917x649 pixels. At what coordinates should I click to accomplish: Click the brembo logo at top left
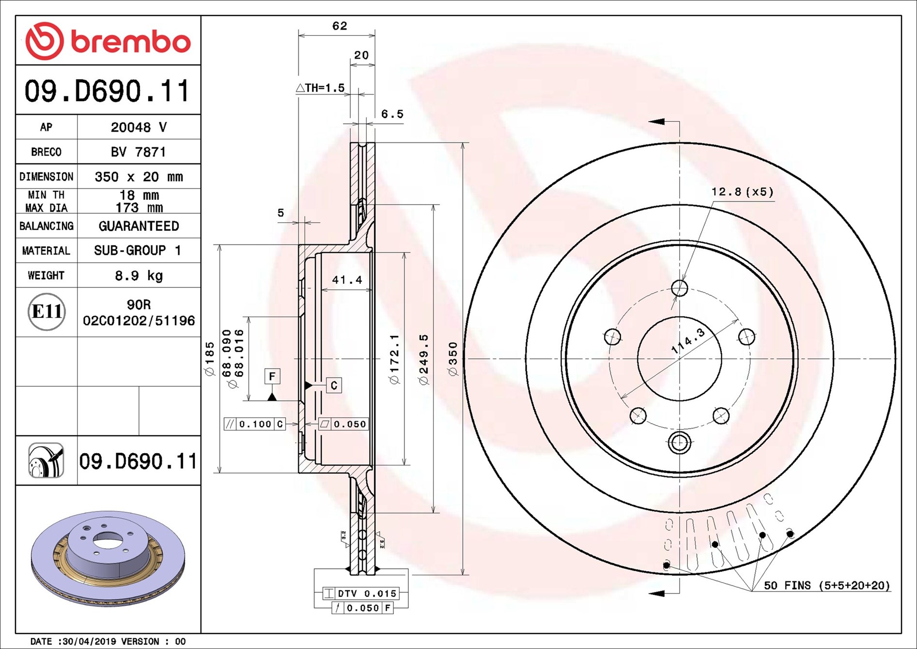(108, 41)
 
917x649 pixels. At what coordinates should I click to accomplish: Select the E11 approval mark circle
(47, 312)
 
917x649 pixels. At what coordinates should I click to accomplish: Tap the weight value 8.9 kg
(139, 276)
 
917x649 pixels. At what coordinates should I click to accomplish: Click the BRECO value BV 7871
(139, 152)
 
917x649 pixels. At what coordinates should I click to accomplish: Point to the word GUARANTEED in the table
(139, 226)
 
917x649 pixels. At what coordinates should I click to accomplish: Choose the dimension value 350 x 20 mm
(139, 177)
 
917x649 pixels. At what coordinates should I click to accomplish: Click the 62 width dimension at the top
(340, 26)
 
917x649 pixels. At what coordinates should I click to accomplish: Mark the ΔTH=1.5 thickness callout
(320, 88)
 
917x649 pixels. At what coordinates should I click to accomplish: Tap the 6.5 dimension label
(392, 114)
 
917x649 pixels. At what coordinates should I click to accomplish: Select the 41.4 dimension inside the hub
(347, 280)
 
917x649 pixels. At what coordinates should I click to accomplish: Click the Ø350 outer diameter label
(453, 359)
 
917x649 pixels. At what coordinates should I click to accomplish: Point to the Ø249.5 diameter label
(424, 360)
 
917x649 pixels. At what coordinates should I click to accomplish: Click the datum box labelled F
(272, 376)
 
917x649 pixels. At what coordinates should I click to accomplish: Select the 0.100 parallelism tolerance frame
(254, 424)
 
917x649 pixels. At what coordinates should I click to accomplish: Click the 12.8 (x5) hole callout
(742, 192)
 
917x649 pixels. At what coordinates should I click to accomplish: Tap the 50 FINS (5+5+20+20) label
(827, 586)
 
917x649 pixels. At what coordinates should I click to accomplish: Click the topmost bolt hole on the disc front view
(679, 288)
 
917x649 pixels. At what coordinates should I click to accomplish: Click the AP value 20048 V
(139, 127)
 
